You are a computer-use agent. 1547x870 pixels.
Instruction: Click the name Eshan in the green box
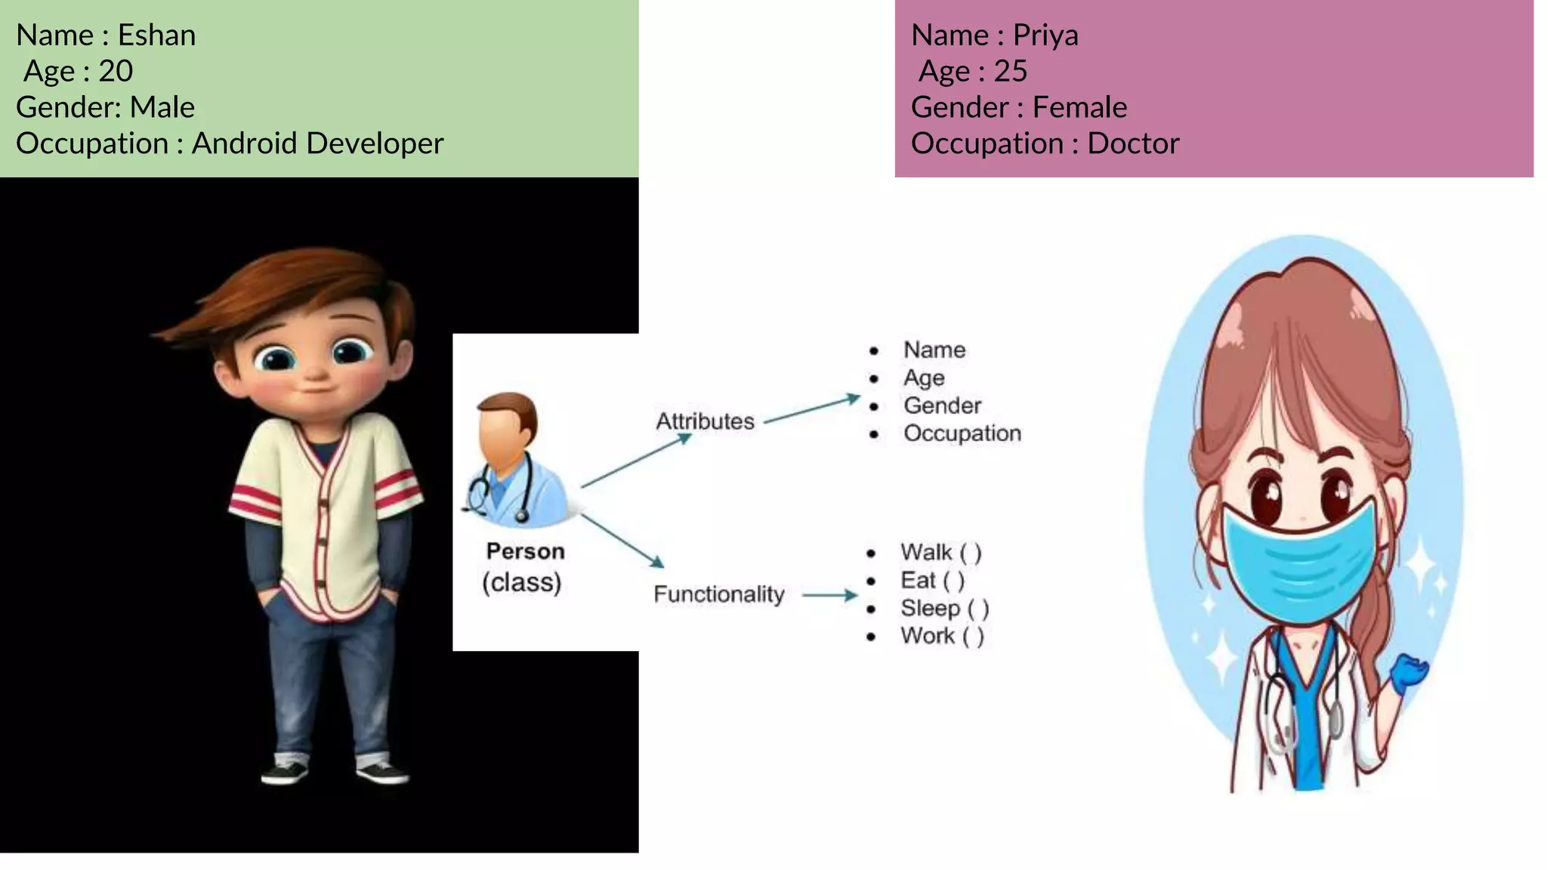[156, 35]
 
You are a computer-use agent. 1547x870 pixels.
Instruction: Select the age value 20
[116, 72]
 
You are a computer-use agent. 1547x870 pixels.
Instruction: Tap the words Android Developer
[317, 143]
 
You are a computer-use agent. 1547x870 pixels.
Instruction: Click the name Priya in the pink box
[1045, 35]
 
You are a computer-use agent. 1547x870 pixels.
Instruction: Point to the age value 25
[1010, 72]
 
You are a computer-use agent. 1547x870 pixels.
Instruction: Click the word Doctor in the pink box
[1132, 143]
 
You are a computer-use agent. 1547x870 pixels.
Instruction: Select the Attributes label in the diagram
[705, 421]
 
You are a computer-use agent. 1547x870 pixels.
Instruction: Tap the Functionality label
[718, 594]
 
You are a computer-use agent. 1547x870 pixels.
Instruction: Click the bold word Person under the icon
[525, 551]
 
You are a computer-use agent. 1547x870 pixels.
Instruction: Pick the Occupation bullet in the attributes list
[962, 433]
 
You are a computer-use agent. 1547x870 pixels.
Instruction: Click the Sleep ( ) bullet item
[944, 608]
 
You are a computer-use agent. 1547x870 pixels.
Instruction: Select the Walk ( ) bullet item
[940, 553]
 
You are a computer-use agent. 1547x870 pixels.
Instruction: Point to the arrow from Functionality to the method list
[829, 595]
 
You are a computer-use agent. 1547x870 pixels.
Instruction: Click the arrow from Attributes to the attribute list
[812, 409]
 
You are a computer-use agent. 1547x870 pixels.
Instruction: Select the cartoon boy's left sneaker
[285, 772]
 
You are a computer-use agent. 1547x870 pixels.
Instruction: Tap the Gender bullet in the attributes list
[942, 406]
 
